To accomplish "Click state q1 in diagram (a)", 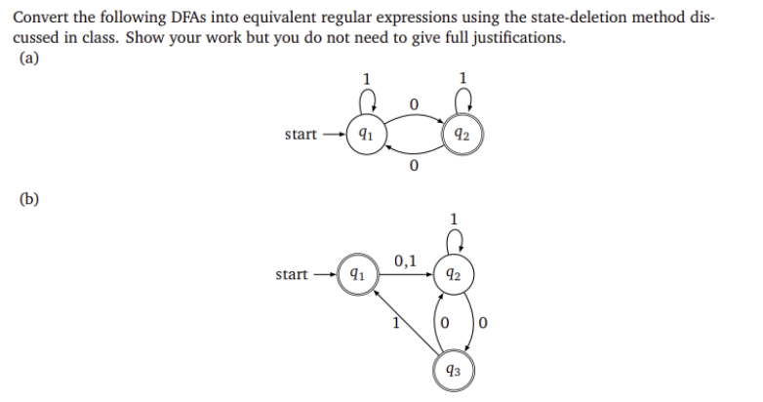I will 364,135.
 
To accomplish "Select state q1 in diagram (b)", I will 356,275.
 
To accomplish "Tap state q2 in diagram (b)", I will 453,275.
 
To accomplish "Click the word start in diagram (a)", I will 300,135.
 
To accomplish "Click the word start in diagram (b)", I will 292,275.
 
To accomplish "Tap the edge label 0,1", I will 406,261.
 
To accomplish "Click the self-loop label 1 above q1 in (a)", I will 366,79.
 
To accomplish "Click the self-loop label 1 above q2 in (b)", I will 453,218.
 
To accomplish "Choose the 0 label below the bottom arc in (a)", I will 414,168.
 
